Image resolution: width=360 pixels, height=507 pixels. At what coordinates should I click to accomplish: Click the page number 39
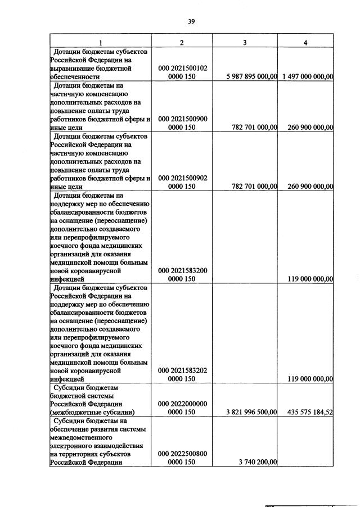point(191,21)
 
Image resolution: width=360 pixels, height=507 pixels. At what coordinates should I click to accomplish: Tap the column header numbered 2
point(182,43)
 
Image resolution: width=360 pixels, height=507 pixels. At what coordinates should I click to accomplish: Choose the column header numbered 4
point(305,43)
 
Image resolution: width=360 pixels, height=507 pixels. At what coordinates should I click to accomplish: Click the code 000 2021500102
point(182,68)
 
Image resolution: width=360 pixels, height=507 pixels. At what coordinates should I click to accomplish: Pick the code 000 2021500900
point(182,119)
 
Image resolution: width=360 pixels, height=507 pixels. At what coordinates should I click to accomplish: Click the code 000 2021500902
point(182,178)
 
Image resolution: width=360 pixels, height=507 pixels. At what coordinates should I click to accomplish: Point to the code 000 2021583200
point(182,270)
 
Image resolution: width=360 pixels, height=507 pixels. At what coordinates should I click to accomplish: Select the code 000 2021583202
point(182,371)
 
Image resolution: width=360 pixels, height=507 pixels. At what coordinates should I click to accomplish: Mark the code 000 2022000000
point(182,404)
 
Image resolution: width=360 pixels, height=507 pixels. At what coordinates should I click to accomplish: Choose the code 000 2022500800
point(182,454)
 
